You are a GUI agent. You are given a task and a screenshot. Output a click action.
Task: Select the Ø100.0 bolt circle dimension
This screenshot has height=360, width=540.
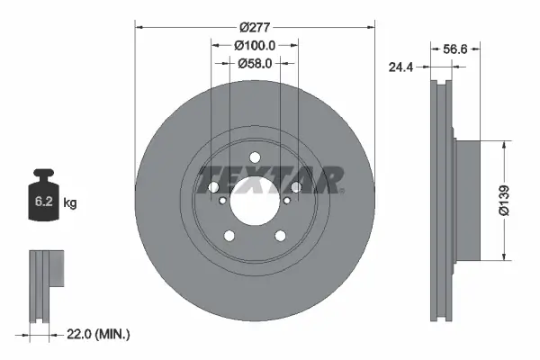coord(254,45)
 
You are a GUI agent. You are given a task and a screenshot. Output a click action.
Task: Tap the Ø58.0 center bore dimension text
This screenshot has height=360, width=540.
coord(254,63)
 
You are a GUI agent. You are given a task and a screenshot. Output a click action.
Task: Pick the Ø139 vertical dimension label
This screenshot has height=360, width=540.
coord(505,200)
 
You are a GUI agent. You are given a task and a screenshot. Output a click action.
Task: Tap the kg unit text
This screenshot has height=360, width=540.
coord(70,203)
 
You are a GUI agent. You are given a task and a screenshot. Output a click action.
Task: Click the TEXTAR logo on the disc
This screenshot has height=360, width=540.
coord(268,179)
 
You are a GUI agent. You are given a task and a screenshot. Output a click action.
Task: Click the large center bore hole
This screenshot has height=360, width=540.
coord(254,199)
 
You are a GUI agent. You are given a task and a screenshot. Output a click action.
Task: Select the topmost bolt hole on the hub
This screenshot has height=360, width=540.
coord(254,159)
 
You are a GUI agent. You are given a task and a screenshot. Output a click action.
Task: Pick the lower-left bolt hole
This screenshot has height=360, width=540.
coord(229,236)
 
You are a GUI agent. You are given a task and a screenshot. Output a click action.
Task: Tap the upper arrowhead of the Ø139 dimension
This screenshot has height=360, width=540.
coord(502,145)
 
